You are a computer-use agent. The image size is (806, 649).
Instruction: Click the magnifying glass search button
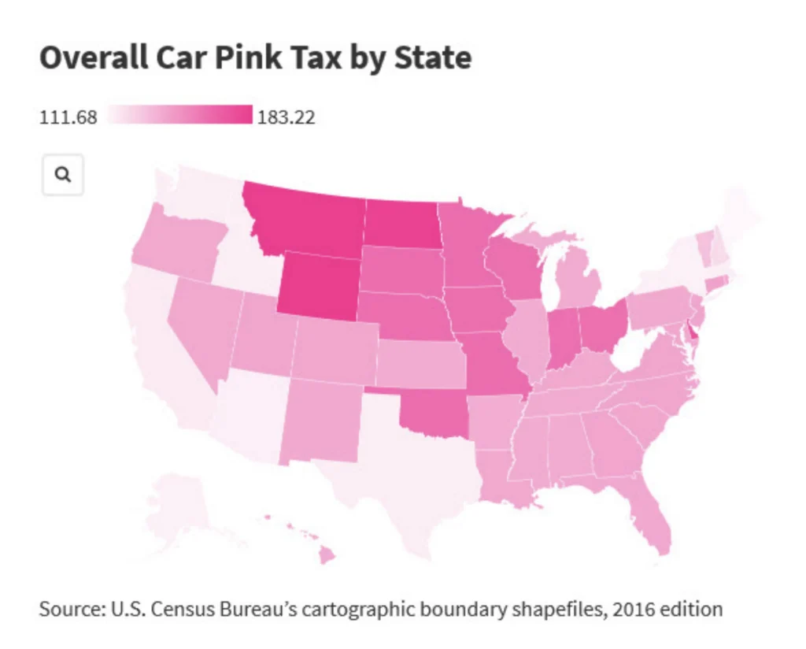[63, 175]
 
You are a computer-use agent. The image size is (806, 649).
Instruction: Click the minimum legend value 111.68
[68, 118]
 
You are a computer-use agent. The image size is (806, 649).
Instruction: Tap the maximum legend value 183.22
[286, 118]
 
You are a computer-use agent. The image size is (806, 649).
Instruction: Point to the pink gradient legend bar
[180, 116]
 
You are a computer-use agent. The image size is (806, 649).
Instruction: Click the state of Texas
[401, 473]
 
